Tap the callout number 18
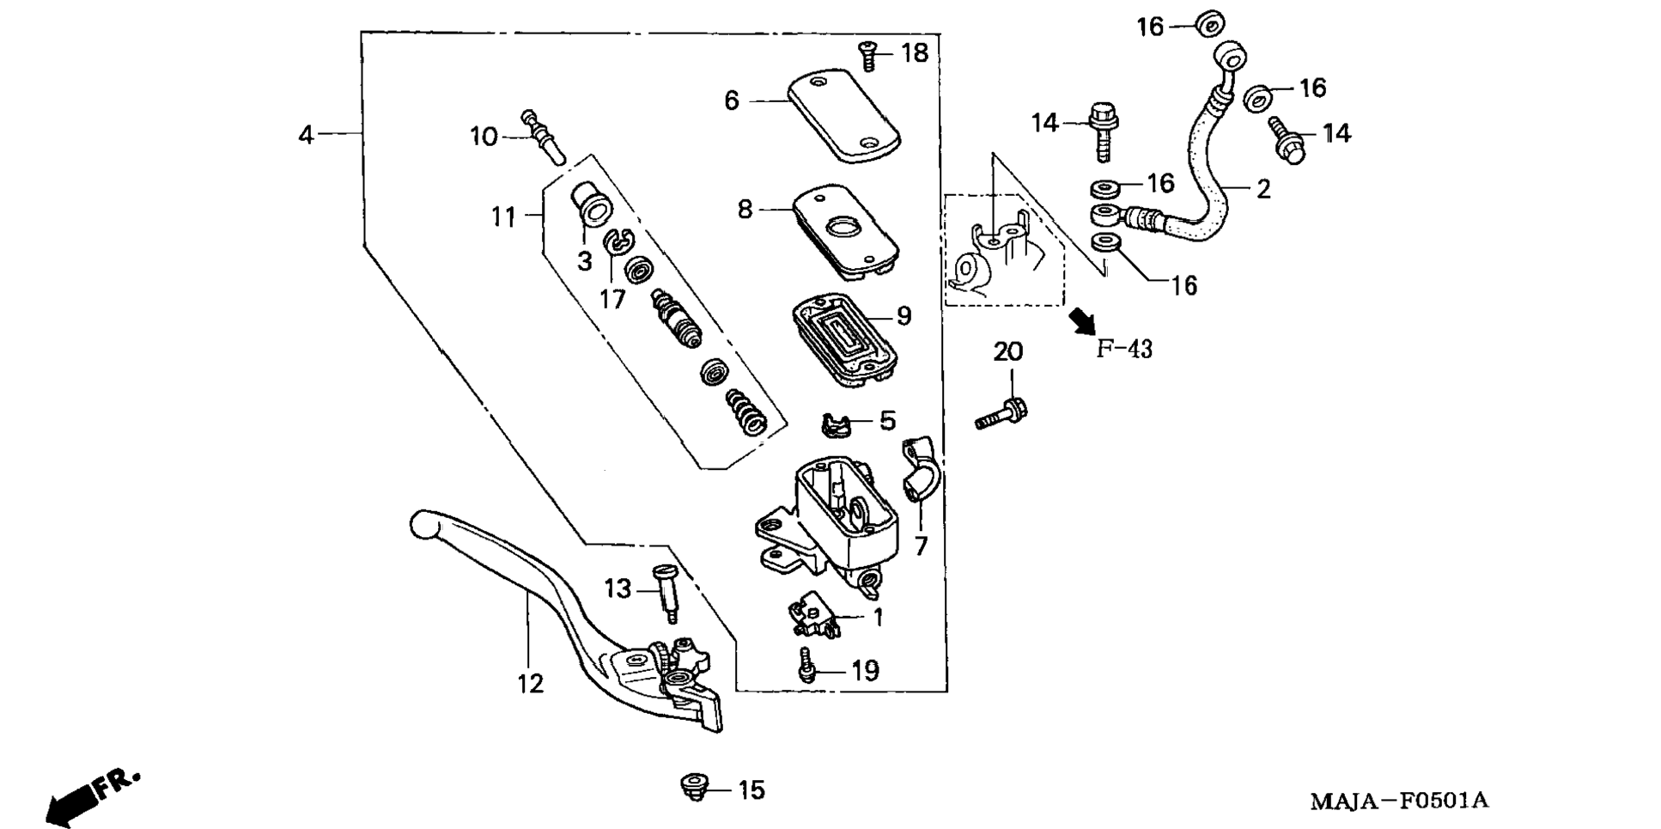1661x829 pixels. (x=915, y=53)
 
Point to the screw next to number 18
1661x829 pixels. (x=867, y=57)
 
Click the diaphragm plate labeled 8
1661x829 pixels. (x=845, y=229)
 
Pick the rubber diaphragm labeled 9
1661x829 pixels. (x=844, y=340)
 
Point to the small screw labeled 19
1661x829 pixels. (x=806, y=666)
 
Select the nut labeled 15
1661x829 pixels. (x=694, y=786)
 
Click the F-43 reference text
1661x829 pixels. (x=1124, y=349)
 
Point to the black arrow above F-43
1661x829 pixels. (x=1083, y=321)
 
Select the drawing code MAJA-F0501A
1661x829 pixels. (x=1399, y=801)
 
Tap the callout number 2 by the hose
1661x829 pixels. (x=1262, y=189)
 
